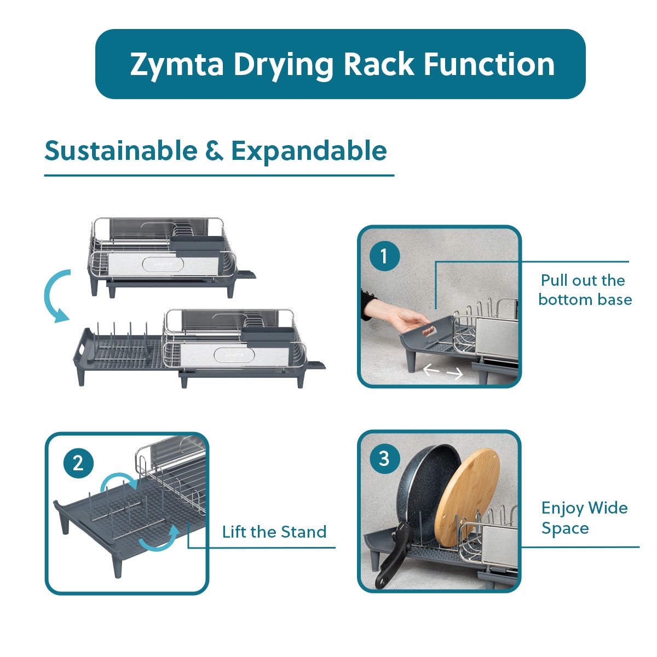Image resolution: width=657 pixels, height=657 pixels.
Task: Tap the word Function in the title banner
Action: [489, 64]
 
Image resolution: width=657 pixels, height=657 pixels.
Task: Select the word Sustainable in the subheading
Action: [121, 151]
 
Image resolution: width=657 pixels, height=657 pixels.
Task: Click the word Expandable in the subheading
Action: [309, 152]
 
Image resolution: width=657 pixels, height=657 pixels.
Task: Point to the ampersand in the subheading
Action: [214, 151]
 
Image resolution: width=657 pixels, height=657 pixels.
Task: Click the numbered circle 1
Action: [385, 256]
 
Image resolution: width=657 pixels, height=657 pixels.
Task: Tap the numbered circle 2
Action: [78, 463]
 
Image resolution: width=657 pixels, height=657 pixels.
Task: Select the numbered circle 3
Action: [384, 459]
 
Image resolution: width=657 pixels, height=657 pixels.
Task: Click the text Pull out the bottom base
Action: [585, 290]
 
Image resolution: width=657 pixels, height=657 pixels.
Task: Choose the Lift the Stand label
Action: [274, 532]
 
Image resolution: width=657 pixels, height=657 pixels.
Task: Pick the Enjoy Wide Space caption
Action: [584, 518]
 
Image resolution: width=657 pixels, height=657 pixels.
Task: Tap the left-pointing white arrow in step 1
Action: [431, 369]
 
